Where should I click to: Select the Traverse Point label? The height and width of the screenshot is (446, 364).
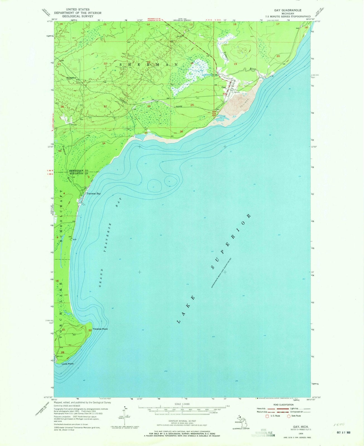[100, 329]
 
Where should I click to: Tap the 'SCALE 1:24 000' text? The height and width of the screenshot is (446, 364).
[182, 404]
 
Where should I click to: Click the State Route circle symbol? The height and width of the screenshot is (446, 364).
[288, 416]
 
